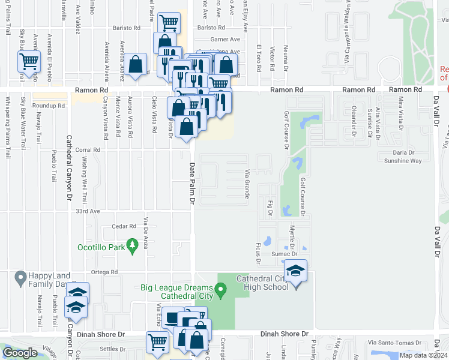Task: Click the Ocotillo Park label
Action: pyautogui.click(x=100, y=247)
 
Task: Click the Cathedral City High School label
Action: pyautogui.click(x=262, y=283)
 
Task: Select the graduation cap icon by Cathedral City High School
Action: pyautogui.click(x=295, y=271)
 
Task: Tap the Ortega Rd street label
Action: pyautogui.click(x=105, y=272)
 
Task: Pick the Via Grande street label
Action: pyautogui.click(x=247, y=184)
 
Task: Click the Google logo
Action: pyautogui.click(x=20, y=353)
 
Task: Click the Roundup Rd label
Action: pyautogui.click(x=49, y=106)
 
